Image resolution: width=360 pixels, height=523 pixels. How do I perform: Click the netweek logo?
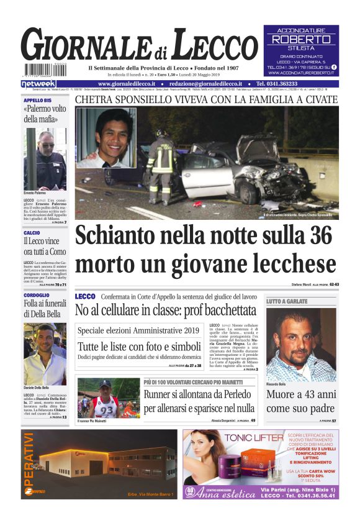[x=38, y=84]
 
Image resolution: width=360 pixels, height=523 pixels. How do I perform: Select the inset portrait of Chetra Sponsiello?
[x=106, y=138]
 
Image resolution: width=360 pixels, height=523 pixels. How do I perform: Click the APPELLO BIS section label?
[x=38, y=100]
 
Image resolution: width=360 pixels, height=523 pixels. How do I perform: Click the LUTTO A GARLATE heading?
[x=287, y=301]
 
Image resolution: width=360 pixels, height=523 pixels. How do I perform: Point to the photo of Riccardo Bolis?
[x=300, y=345]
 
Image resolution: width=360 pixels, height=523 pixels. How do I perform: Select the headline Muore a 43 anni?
[x=300, y=394]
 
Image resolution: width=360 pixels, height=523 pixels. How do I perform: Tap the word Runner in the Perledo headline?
[x=158, y=394]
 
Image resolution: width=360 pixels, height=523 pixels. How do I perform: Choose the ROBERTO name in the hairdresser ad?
[x=301, y=39]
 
